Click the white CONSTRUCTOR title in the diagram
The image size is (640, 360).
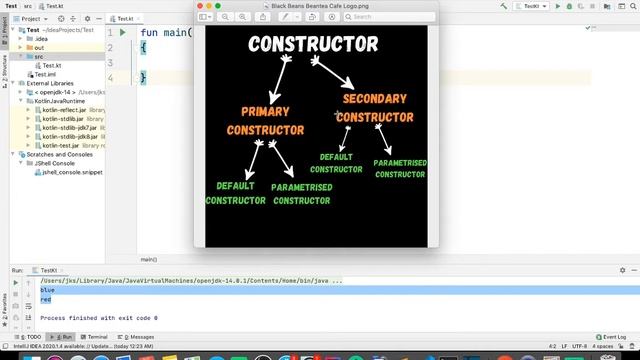tap(313, 45)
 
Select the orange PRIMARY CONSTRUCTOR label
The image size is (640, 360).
tap(265, 121)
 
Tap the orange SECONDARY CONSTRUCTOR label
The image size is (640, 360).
tap(374, 108)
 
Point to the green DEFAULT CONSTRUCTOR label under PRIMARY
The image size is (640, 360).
tap(236, 193)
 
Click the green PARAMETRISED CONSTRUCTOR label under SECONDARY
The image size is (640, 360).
tap(400, 168)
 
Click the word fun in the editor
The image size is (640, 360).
tap(149, 33)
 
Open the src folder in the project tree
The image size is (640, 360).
tap(39, 56)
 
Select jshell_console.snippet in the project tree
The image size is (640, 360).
tap(71, 172)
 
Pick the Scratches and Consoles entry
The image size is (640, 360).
tap(59, 154)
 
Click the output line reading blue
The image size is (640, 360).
tap(47, 290)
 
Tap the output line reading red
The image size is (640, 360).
tap(45, 299)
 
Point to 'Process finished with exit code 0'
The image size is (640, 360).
tap(99, 318)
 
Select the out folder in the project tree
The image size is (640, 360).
tap(39, 47)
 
